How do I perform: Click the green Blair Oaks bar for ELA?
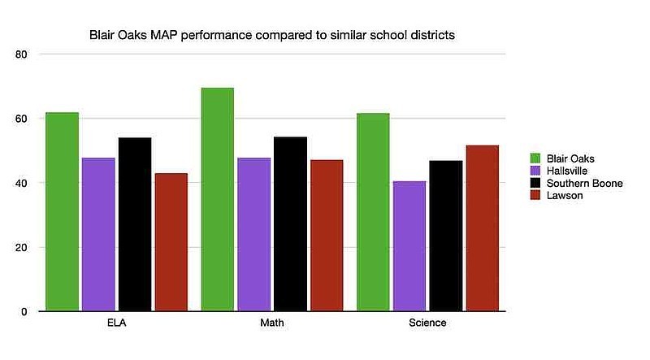coord(62,211)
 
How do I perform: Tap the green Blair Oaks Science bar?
coord(373,211)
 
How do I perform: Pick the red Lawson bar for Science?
coord(482,228)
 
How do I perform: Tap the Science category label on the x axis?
coord(427,323)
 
